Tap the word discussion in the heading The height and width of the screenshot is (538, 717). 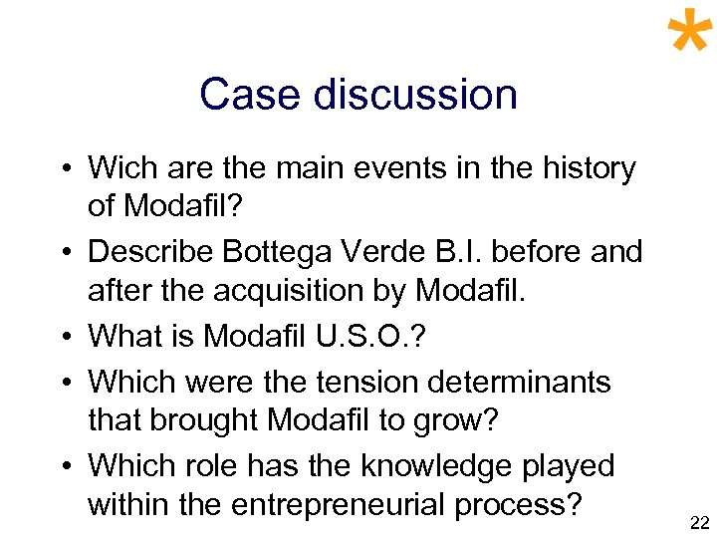[415, 95]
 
